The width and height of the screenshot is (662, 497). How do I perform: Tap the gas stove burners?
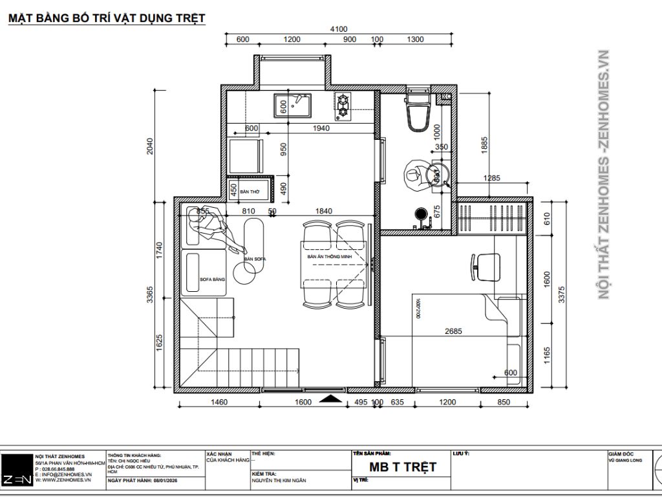point(343,107)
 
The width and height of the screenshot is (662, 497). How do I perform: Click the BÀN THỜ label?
point(249,192)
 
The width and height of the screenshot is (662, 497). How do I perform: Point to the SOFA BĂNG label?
point(212,279)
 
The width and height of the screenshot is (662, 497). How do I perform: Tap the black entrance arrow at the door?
point(331,399)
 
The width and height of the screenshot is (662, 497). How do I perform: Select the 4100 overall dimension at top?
point(338,28)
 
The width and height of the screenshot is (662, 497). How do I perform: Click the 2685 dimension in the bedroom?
point(453,331)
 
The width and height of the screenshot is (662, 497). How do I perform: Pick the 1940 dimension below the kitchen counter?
point(321,128)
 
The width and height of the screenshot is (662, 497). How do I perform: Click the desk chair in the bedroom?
point(486,265)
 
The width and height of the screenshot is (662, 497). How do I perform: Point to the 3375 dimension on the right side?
point(561,294)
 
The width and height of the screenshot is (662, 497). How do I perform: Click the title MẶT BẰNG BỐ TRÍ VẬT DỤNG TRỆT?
point(107,18)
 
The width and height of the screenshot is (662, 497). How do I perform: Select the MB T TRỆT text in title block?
point(403,467)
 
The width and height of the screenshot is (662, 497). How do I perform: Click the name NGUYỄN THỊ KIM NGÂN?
point(279,481)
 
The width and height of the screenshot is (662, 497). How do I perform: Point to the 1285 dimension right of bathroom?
point(493,178)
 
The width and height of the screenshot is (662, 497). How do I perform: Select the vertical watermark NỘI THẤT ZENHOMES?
point(604,175)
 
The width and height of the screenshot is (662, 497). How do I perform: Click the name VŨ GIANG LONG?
point(624,459)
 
